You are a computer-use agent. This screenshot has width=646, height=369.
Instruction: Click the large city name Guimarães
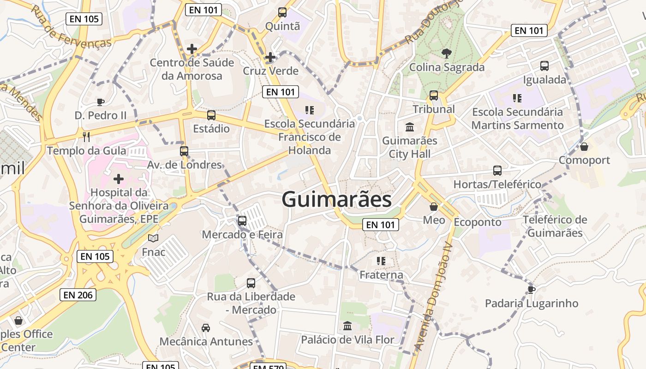coord(336,200)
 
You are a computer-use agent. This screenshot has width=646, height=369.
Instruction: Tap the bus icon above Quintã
coord(282,12)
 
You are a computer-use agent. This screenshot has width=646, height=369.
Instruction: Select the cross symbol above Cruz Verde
coord(270,57)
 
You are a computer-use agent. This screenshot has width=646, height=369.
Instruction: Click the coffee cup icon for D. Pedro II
coord(100,101)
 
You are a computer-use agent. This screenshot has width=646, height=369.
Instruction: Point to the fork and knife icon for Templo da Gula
coord(86,137)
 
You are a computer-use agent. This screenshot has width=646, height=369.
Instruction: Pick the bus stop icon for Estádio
coord(211,115)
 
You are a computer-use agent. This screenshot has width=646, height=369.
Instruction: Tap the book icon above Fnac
coord(153,238)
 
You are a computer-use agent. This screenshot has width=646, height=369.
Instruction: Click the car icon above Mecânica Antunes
coord(206,327)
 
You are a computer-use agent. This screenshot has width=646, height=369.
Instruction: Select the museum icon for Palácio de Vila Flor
coord(347,326)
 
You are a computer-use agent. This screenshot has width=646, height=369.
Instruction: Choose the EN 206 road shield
coord(78,295)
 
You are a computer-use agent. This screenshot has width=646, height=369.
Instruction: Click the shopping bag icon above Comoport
coord(584,147)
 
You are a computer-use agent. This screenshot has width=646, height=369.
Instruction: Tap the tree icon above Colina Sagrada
coord(447,54)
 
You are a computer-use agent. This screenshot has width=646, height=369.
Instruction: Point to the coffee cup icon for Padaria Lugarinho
coord(532,290)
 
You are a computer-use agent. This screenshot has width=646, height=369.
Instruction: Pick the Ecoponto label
coord(478,222)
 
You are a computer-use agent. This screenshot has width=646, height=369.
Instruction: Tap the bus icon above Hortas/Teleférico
coord(497,171)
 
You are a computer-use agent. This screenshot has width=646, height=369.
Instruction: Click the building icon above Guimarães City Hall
coord(410,127)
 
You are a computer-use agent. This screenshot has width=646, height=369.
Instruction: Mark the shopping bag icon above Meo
coord(434,206)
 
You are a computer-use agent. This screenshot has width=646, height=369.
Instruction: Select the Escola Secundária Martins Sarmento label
coord(517,119)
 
